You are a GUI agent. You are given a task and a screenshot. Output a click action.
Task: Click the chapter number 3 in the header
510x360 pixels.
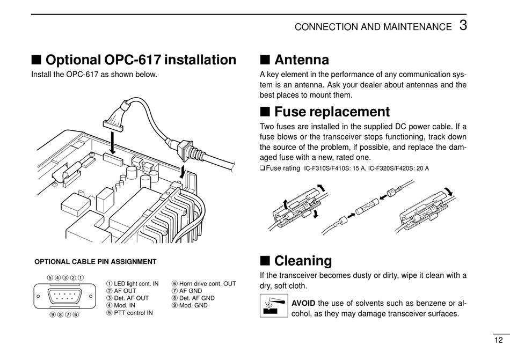(463, 25)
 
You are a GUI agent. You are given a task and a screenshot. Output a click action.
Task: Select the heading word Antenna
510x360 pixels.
(302, 60)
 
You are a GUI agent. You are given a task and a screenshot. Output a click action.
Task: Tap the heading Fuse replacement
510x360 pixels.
(332, 112)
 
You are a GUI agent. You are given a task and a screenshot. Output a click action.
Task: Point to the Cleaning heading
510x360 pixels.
(303, 261)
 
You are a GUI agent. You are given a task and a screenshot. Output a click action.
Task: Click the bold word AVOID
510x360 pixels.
(303, 303)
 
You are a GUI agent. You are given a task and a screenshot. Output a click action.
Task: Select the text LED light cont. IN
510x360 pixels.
(136, 283)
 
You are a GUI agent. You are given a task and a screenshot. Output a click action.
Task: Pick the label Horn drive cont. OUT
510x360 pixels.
(207, 283)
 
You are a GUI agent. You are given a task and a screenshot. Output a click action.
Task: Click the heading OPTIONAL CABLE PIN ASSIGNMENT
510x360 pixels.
(96, 262)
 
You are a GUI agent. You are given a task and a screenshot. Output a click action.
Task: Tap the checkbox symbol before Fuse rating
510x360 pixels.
(263, 168)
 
